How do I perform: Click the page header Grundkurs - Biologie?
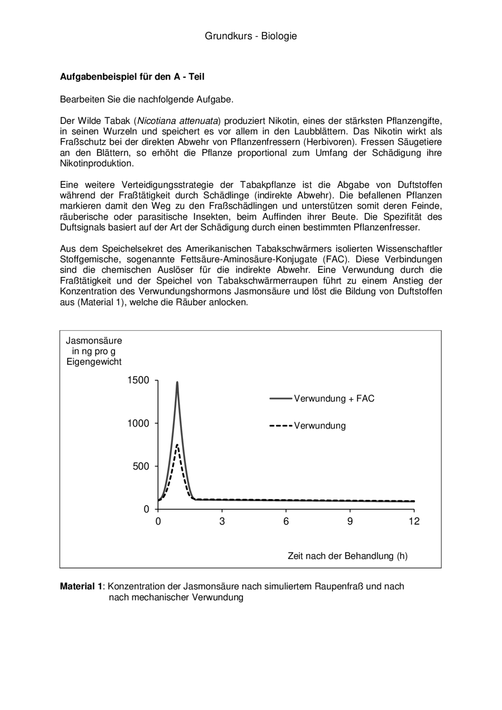click(251, 36)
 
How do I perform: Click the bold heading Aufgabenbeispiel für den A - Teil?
click(132, 77)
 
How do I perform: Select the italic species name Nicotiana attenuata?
click(178, 120)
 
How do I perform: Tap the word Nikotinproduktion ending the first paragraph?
click(97, 163)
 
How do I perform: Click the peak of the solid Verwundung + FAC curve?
click(177, 383)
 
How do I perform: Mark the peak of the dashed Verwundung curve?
click(177, 445)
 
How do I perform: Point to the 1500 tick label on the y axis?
click(138, 380)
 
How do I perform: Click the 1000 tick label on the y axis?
click(138, 423)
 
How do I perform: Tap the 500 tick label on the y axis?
click(141, 466)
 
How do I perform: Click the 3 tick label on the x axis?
click(222, 521)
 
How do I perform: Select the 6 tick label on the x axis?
click(286, 521)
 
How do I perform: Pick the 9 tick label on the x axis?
click(350, 521)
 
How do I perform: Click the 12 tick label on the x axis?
click(414, 521)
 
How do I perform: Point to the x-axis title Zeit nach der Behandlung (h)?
click(347, 556)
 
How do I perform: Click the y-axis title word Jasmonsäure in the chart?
click(94, 341)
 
